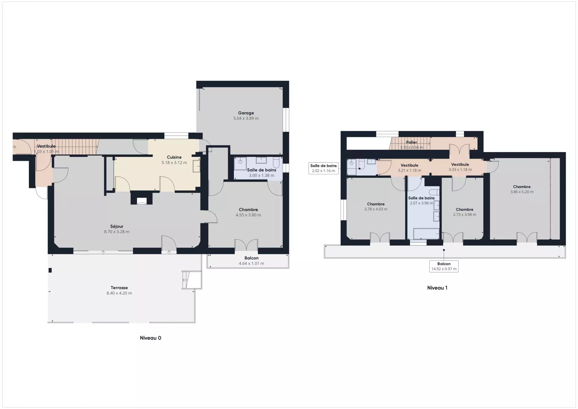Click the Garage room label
pos(246,113)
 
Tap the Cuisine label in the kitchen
pos(174,157)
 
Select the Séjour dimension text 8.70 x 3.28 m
pos(117,232)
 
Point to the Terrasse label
pos(119,288)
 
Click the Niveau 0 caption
pos(151,338)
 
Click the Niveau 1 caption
pos(437,288)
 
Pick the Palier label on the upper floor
pos(412,142)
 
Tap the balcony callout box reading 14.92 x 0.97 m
pos(444,267)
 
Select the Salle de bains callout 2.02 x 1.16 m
pos(324,168)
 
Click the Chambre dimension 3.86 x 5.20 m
pos(522,192)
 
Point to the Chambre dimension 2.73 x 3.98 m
pos(465,215)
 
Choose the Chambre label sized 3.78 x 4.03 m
pos(376,204)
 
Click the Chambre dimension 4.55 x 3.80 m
pos(248,215)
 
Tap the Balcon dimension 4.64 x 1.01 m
pos(251,264)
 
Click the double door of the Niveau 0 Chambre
pos(246,245)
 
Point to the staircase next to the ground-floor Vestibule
pos(75,147)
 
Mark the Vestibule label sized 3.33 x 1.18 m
pos(460,164)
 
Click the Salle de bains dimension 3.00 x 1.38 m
pos(261,176)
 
